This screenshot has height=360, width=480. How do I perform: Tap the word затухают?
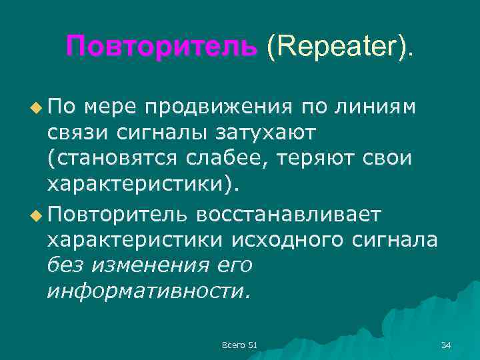tap(267, 134)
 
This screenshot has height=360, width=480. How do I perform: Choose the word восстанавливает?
tap(289, 215)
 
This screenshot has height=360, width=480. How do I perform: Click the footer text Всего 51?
tap(239, 344)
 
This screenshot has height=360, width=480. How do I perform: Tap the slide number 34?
tap(446, 344)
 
